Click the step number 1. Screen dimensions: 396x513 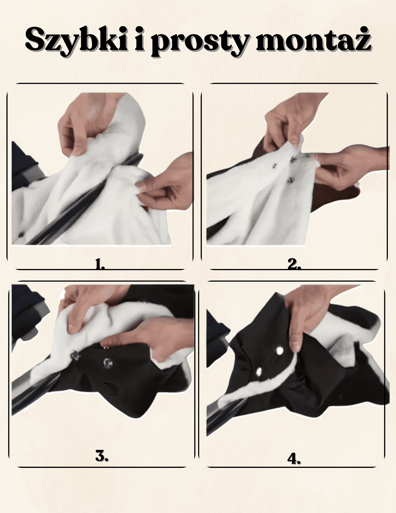pyautogui.click(x=100, y=264)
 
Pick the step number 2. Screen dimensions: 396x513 pyautogui.click(x=294, y=264)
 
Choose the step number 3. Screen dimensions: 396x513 pyautogui.click(x=101, y=456)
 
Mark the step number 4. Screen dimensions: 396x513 pyautogui.click(x=294, y=458)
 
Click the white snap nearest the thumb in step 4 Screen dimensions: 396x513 pyautogui.click(x=279, y=350)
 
